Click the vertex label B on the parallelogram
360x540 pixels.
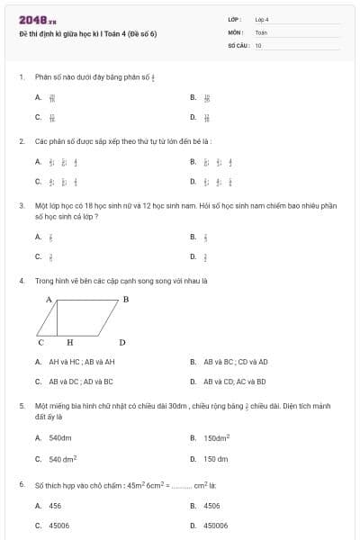click(126, 298)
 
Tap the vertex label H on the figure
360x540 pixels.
click(69, 343)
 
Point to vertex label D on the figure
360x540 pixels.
click(122, 343)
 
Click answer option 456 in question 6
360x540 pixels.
click(55, 506)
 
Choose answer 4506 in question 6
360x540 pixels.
click(211, 506)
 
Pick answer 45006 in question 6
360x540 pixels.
click(59, 525)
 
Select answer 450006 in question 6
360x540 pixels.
click(215, 525)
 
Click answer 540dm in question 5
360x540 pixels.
click(60, 438)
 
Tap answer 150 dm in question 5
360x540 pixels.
click(216, 459)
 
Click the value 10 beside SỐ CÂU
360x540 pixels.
click(258, 45)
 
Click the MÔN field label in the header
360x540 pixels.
click(236, 31)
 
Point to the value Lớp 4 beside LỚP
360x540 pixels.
click(262, 19)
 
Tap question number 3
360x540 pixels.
click(21, 205)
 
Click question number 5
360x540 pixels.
click(21, 406)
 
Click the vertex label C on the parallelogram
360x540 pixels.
click(40, 343)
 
